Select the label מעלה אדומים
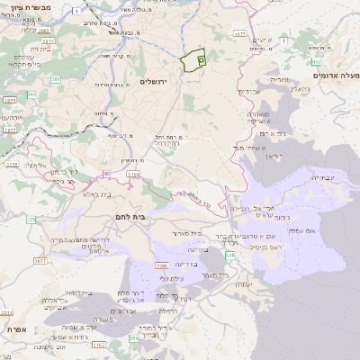click(335, 76)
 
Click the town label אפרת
click(15, 330)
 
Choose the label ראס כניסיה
click(265, 247)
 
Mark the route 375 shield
click(31, 219)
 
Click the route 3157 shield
click(98, 344)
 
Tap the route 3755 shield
click(11, 165)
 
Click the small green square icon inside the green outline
click(201, 59)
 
